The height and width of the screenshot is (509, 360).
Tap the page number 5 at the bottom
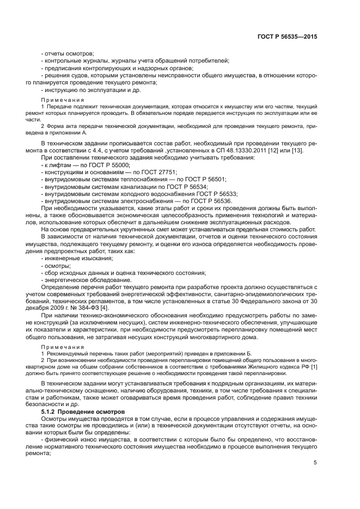315,463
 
